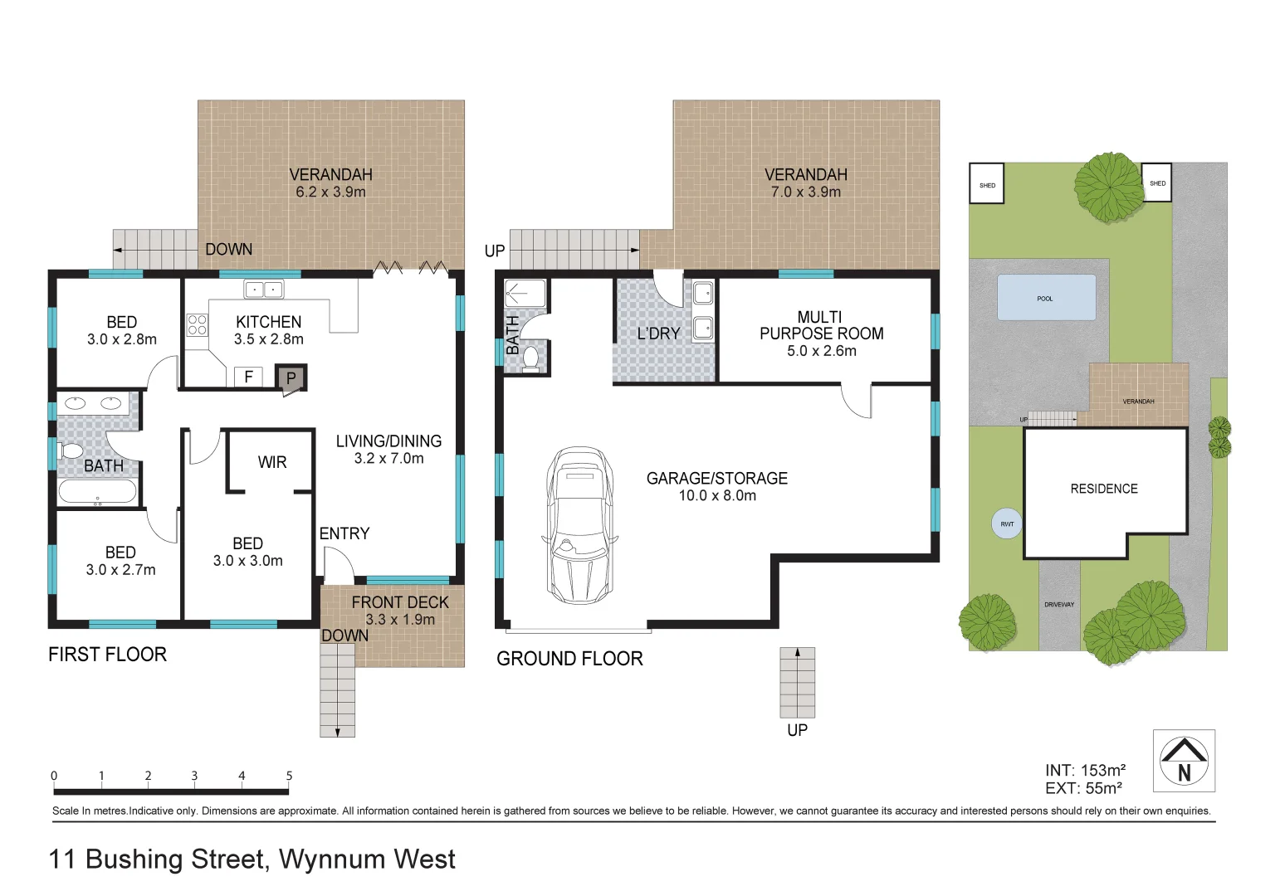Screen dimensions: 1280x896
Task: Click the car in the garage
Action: point(579,526)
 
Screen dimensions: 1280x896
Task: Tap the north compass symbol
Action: point(1184,761)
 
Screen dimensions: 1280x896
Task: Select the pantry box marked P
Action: point(291,377)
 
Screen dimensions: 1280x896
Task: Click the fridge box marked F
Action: point(248,377)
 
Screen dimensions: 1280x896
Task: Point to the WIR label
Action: point(272,462)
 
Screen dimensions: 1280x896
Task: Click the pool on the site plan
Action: point(1046,298)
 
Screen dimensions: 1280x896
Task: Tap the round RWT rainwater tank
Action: point(1007,523)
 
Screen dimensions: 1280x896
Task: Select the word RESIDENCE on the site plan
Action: point(1104,489)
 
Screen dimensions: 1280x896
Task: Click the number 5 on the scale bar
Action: point(289,776)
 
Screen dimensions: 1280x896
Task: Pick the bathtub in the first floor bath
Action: point(98,492)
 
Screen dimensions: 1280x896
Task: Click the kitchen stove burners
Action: point(197,325)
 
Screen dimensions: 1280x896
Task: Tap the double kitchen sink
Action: point(263,290)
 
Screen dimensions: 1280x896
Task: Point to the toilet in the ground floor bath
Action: point(531,358)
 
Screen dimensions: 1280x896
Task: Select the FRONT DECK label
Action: point(400,602)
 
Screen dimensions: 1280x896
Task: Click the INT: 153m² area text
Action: point(1085,771)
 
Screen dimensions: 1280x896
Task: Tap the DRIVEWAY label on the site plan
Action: point(1059,604)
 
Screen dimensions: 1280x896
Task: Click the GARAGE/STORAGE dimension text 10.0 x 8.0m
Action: point(717,495)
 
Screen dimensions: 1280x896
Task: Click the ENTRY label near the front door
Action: point(344,533)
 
